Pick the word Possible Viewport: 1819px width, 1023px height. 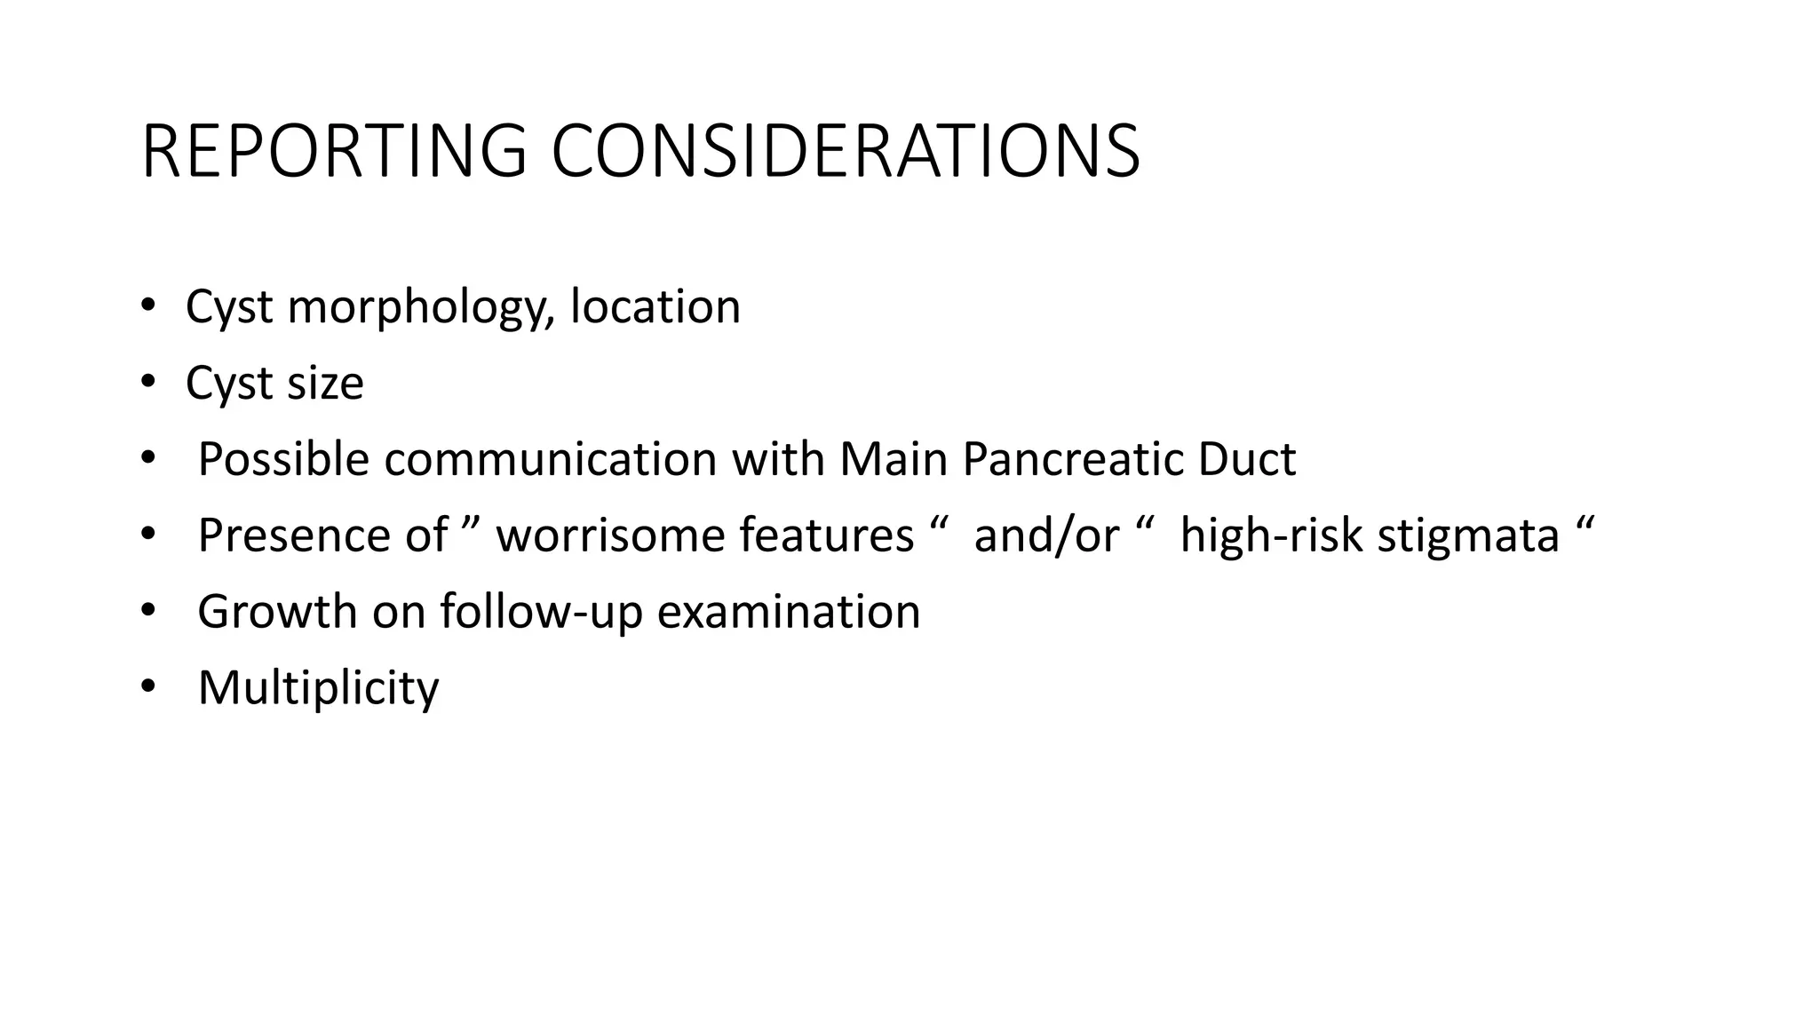283,459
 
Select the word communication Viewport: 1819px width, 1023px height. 551,459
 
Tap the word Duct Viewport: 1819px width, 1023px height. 1246,459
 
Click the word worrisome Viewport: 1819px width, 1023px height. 610,535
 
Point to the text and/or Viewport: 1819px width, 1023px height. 1046,535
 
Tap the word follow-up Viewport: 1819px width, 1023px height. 541,612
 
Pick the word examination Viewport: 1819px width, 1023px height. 788,612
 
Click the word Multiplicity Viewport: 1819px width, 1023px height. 318,688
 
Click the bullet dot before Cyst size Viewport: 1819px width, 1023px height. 147,383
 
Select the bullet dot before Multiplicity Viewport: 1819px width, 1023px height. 147,687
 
